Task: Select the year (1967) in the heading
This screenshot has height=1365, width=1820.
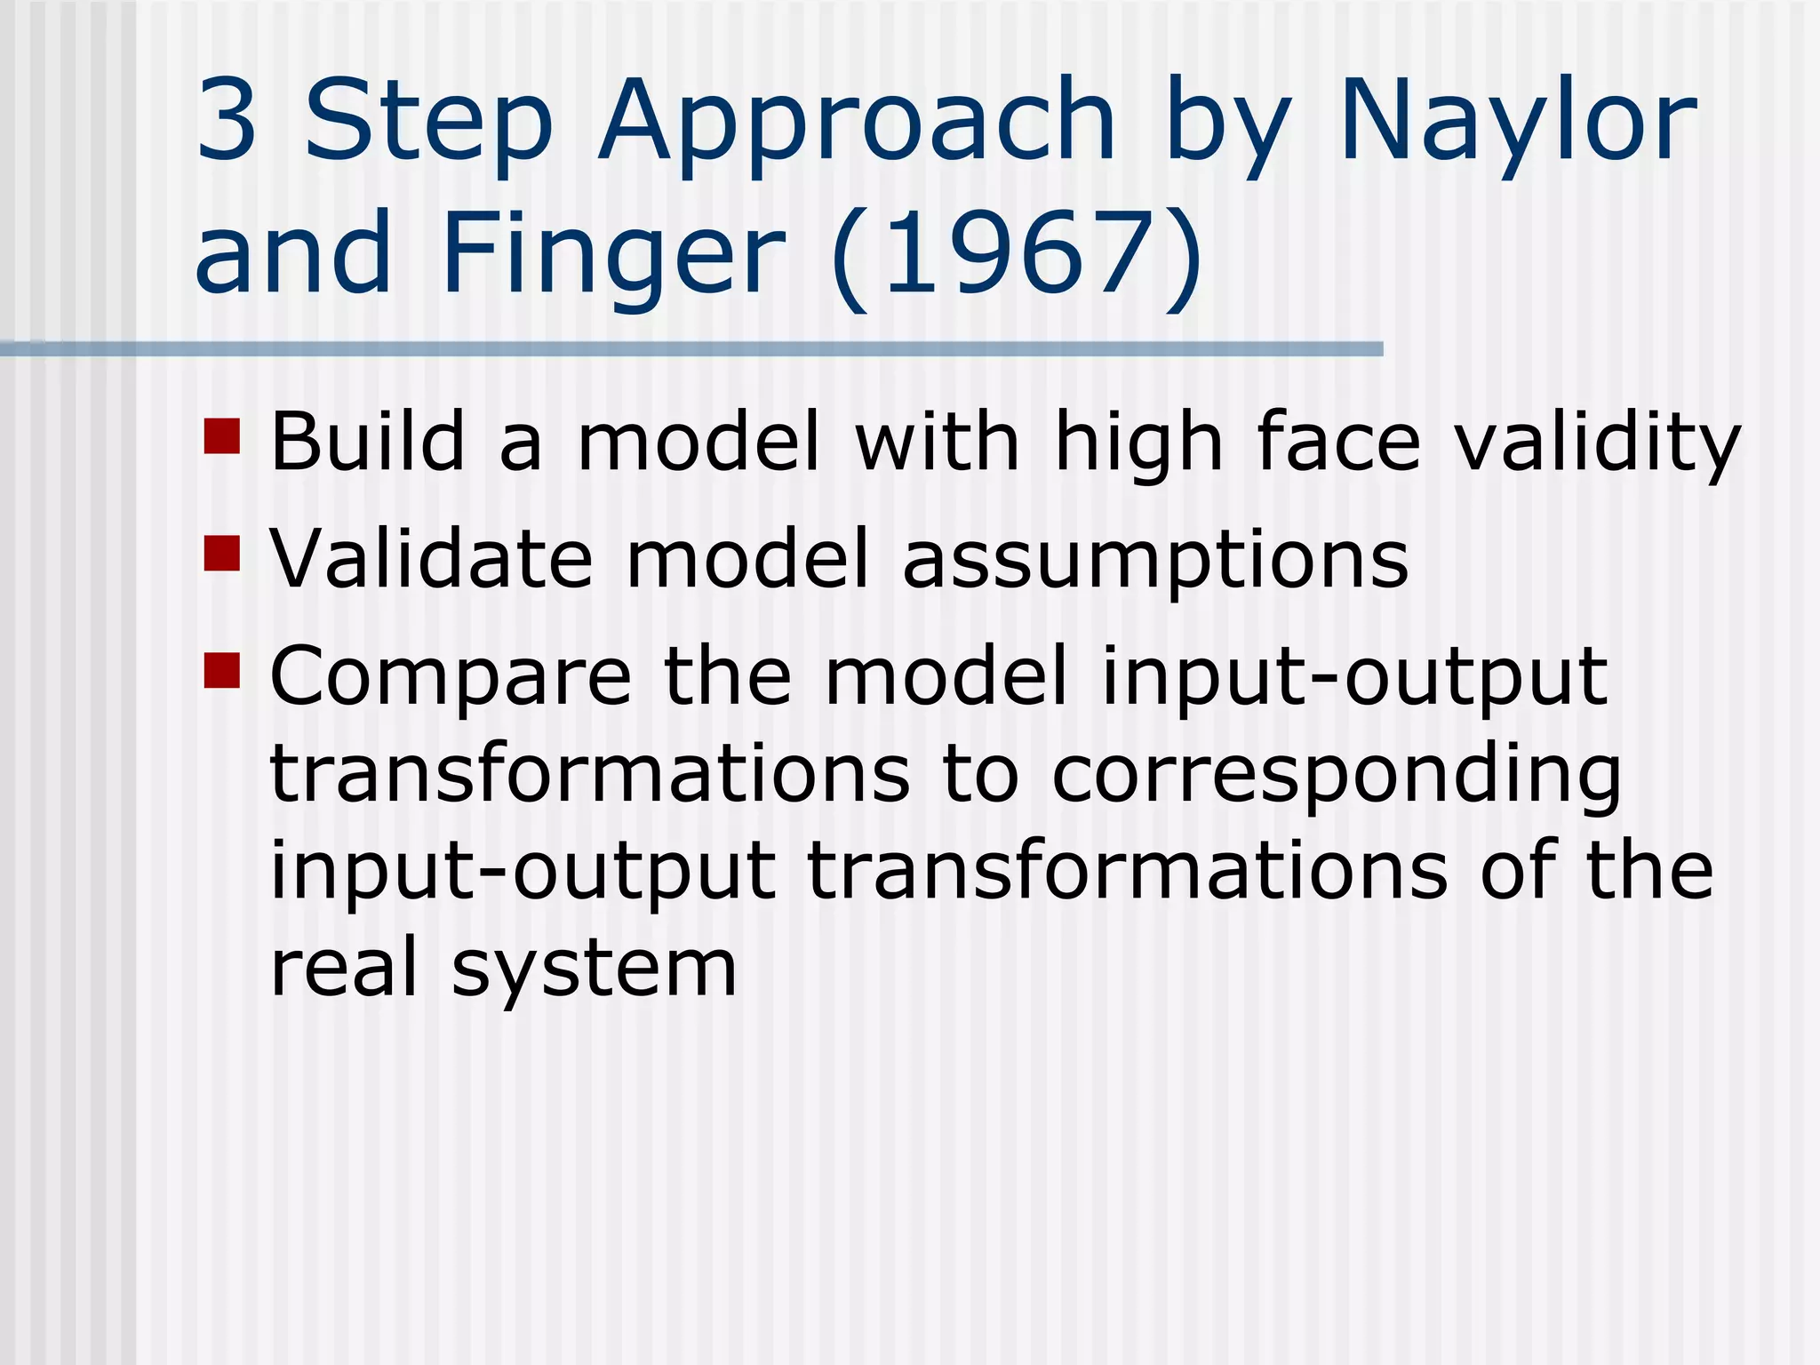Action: point(1018,255)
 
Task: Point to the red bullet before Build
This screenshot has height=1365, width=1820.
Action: point(222,436)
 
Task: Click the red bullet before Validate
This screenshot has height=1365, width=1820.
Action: point(222,553)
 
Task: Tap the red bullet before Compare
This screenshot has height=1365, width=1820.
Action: point(222,671)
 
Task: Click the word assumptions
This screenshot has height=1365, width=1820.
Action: point(1155,562)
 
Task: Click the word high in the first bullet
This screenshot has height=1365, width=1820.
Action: point(1138,444)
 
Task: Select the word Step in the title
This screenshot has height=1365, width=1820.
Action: point(429,124)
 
